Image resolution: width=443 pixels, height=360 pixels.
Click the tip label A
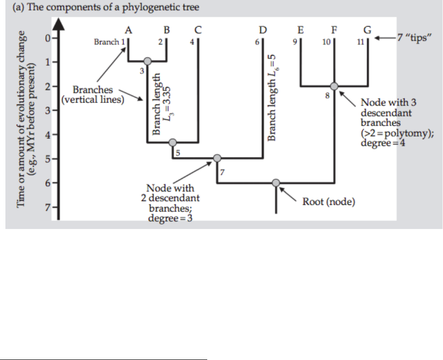pos(128,30)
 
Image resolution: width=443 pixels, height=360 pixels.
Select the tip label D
pos(263,30)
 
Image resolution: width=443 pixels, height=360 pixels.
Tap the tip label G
pos(367,30)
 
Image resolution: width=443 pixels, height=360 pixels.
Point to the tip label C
pos(197,30)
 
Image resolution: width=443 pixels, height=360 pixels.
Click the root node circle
pos(276,183)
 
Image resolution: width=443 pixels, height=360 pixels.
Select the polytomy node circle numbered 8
pos(334,86)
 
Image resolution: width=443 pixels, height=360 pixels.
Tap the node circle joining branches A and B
pos(147,61)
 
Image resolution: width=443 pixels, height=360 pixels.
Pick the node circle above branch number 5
pos(172,142)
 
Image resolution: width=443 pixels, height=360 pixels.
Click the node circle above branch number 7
pos(217,158)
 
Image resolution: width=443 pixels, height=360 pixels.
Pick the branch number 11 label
pos(360,42)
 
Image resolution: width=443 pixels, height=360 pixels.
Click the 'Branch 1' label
pos(109,42)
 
